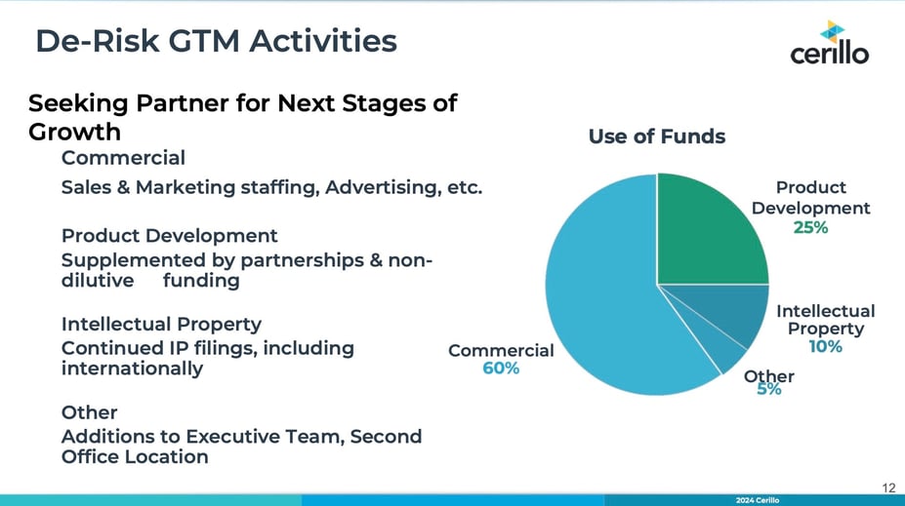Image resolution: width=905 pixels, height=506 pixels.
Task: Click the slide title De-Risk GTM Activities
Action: click(217, 41)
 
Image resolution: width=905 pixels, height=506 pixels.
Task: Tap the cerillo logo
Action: click(830, 43)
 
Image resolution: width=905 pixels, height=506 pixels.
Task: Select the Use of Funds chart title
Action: click(657, 136)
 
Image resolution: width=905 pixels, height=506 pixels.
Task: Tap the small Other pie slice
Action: click(720, 353)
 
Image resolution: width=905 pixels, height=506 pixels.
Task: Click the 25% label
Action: click(810, 227)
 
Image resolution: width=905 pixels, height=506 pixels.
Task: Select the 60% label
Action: click(501, 369)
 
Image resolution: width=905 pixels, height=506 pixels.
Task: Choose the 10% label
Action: click(825, 346)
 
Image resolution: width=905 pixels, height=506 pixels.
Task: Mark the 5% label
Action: click(769, 390)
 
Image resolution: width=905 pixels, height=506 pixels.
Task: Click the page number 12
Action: click(888, 488)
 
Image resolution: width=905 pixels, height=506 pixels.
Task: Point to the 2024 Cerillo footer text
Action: click(758, 500)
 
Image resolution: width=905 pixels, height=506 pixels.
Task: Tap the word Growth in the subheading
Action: click(74, 132)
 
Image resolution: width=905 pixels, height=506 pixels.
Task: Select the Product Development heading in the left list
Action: click(170, 236)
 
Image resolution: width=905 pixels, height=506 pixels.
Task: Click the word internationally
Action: click(132, 369)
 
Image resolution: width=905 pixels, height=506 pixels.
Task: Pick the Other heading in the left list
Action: click(90, 412)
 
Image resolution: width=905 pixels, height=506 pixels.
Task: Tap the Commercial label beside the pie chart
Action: click(501, 350)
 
